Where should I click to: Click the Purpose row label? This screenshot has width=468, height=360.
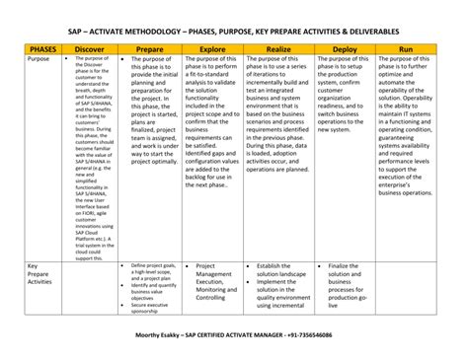(39, 59)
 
